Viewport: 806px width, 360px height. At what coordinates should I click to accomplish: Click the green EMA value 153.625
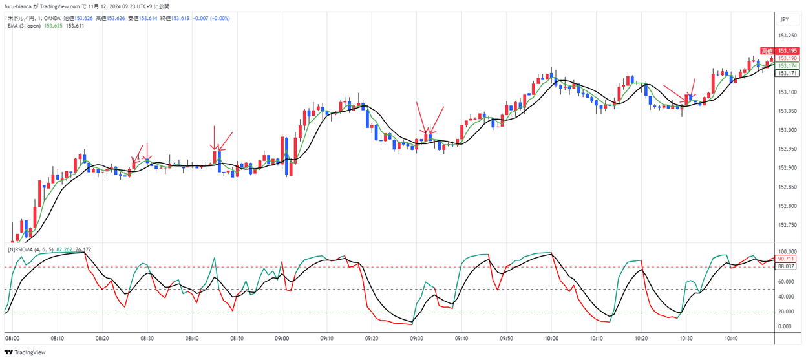click(x=53, y=26)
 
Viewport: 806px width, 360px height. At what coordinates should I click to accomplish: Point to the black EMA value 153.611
click(x=75, y=26)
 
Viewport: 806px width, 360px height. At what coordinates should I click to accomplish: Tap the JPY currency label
click(x=784, y=20)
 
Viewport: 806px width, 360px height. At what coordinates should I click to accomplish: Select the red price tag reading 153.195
click(x=786, y=50)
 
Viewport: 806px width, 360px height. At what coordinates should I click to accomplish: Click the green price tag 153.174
click(x=786, y=65)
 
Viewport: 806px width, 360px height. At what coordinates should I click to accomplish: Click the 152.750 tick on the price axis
click(x=786, y=225)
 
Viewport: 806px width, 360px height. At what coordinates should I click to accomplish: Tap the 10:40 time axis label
click(x=731, y=338)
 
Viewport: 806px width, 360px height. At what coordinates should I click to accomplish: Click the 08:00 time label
click(x=12, y=338)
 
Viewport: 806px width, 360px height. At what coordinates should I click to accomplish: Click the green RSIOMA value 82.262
click(x=64, y=249)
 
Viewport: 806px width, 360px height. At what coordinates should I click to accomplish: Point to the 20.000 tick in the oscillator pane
click(x=786, y=312)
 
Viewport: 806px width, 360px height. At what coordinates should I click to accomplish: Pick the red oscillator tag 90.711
click(x=786, y=259)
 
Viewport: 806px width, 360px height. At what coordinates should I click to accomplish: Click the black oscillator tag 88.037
click(x=786, y=266)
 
